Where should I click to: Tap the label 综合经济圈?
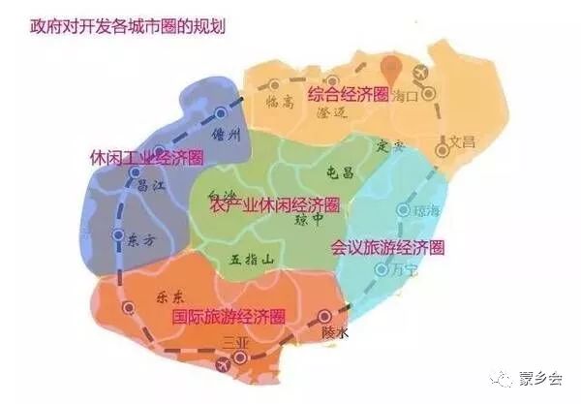coord(348,95)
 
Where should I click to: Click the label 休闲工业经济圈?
coord(147,157)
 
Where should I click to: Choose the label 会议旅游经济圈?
coord(386,247)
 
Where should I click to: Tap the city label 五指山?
coord(253,260)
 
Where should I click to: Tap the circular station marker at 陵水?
coord(325,316)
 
